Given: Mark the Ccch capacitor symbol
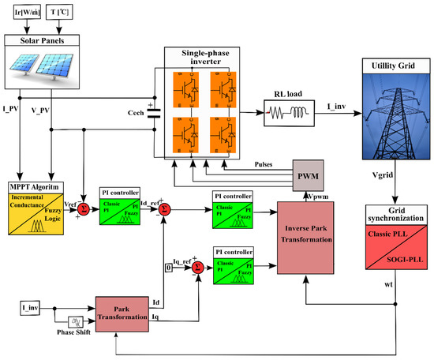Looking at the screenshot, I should [x=154, y=114].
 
